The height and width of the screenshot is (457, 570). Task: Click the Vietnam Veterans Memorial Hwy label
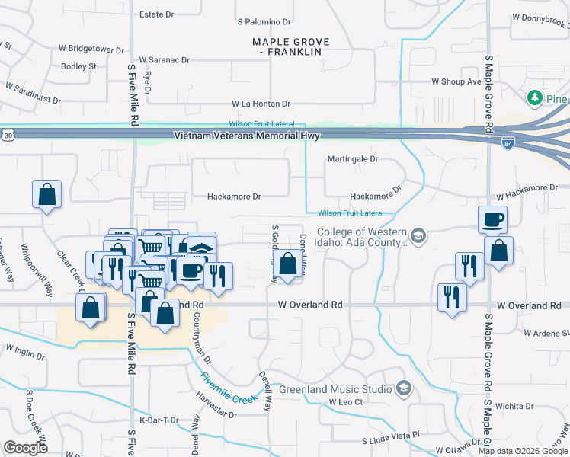coord(247,136)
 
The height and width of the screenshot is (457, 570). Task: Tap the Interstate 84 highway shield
coord(508,142)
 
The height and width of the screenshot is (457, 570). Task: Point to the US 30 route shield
coord(7,135)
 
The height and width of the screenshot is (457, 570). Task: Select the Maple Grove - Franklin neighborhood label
coord(290,46)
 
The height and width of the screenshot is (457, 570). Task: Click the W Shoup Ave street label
coord(456,81)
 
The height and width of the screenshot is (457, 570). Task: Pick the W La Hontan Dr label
coord(261,104)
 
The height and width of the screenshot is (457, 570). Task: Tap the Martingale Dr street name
coord(353,159)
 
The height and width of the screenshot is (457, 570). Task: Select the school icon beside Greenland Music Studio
coord(404,389)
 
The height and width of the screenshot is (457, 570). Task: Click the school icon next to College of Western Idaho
coord(417,235)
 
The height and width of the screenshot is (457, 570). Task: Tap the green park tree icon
coord(535,98)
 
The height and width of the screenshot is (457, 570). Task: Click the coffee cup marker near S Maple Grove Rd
coord(492,219)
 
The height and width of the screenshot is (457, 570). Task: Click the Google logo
coord(25,447)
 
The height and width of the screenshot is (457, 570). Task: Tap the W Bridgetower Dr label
coord(89,50)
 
